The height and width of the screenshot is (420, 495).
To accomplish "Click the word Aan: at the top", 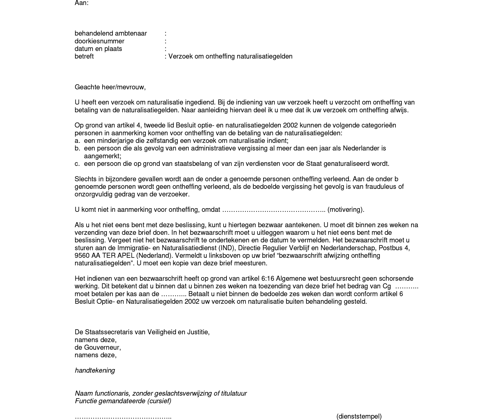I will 82,3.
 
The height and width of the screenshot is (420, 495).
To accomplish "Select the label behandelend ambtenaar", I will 111,34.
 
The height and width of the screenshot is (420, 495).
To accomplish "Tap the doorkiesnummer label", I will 99,41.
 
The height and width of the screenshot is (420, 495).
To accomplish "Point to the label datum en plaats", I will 98,49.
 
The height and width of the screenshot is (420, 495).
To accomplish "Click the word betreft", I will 84,56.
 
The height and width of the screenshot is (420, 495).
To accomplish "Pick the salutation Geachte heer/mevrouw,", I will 110,87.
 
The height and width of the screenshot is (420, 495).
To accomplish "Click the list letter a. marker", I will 77,141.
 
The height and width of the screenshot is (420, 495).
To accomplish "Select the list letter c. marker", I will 77,163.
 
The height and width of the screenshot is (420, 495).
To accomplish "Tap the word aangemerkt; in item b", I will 103,156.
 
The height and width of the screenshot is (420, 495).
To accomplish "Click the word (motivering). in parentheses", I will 346,210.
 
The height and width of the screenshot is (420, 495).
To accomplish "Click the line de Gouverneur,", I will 98,347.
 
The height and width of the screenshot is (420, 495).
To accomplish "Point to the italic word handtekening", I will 95,371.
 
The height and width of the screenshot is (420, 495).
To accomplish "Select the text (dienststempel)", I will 359,416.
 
